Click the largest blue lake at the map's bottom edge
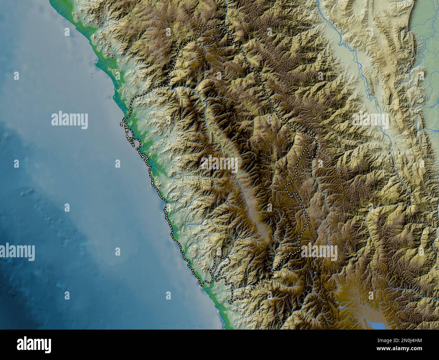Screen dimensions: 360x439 tap(377, 325)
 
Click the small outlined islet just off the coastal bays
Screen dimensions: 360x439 tap(121, 124)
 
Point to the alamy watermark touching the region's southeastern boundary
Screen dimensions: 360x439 tap(319, 252)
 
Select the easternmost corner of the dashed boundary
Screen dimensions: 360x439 tap(317, 142)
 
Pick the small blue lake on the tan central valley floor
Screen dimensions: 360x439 tap(261, 233)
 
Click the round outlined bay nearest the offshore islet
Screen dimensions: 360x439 tap(130, 135)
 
